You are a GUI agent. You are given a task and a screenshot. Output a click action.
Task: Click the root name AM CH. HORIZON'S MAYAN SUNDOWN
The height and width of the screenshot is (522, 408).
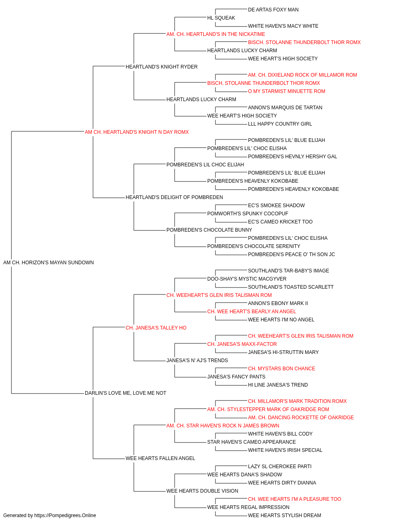coord(48,263)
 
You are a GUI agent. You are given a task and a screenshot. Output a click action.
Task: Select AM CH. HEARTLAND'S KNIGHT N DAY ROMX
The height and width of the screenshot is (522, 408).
coord(137,132)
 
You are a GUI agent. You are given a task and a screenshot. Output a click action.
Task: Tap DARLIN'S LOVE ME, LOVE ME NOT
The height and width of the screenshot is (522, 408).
coord(125,393)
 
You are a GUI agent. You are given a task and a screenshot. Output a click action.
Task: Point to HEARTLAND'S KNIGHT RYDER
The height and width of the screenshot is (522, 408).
coord(162,67)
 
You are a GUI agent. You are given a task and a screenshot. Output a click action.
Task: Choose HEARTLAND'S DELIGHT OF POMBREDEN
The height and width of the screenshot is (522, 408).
coord(174,197)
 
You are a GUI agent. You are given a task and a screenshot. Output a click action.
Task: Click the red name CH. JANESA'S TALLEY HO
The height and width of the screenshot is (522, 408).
coord(156,328)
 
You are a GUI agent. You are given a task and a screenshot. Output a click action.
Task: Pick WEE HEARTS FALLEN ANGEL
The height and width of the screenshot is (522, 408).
coord(160,458)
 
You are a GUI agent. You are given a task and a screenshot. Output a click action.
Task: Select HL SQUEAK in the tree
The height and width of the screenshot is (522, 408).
coord(221,18)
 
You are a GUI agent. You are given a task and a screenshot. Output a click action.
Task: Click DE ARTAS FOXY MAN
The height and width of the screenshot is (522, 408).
coord(273,10)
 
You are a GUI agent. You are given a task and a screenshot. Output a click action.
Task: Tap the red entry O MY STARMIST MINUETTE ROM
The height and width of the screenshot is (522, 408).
coord(286,91)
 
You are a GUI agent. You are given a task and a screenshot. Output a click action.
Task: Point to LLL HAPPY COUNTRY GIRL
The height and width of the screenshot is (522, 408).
coord(280,124)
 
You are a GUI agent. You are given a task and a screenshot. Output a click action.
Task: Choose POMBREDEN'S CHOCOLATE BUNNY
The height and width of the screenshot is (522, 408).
coord(209,230)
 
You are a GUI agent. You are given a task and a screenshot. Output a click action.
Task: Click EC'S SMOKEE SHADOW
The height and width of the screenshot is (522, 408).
coord(276,206)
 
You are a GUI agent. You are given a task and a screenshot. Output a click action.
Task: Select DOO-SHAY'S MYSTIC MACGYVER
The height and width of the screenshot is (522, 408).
coord(247,279)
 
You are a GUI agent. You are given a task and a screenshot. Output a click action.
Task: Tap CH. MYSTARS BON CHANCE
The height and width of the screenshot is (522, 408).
coord(282,369)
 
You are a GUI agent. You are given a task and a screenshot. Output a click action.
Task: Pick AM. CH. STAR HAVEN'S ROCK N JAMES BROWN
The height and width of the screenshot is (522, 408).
coord(223,426)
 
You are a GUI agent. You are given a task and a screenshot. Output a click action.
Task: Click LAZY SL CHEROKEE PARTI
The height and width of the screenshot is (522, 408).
coord(280,467)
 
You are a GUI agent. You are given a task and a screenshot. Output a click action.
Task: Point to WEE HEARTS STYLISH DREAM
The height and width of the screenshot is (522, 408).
coord(284,515)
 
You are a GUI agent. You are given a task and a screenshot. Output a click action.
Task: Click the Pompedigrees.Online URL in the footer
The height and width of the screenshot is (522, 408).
coord(65,515)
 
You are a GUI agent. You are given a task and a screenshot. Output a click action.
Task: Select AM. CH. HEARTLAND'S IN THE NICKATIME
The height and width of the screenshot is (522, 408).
coord(215,34)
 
